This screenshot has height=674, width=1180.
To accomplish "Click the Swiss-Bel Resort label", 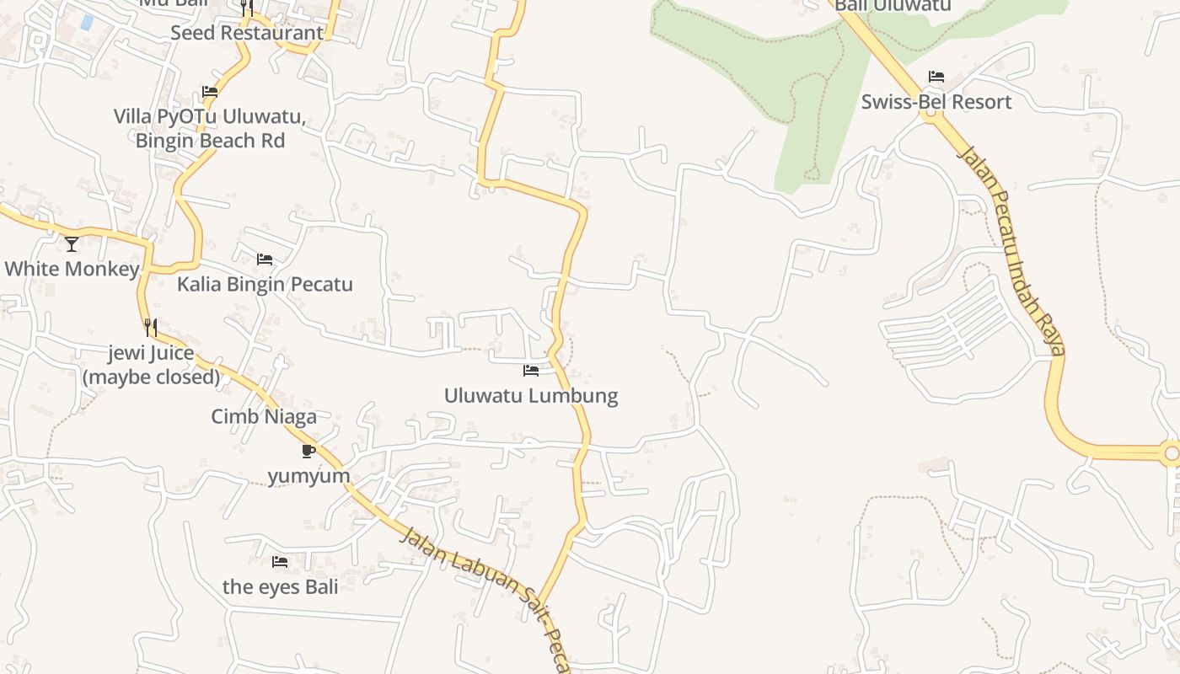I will coord(936,102).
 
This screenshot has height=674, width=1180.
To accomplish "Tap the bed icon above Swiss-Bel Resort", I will coord(936,77).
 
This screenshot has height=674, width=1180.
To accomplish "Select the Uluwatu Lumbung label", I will coord(531,395).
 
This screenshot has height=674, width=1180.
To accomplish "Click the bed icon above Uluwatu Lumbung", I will coord(531,370).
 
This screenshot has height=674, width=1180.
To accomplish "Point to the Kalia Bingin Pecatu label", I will coord(265,284).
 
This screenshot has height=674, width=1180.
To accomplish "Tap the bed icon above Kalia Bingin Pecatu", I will coord(265,259).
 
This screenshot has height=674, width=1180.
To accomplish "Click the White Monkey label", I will coord(72,269).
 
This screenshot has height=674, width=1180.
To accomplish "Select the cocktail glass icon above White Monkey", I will coord(72,244).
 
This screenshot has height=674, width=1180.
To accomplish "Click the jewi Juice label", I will coord(151,364).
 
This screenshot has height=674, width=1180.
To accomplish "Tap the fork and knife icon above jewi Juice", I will coord(151,327).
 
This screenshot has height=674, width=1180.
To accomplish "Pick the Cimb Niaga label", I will coord(264,416).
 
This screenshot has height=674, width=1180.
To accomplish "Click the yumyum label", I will coord(308,476).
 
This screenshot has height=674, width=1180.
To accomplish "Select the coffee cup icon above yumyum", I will coord(308,451).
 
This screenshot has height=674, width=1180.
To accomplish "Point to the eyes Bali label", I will coord(280,586).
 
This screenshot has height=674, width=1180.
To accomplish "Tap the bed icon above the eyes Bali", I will coord(280,561).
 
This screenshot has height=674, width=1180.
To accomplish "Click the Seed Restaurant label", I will coord(247,33).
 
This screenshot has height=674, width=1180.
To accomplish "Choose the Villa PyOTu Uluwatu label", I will coord(210,128).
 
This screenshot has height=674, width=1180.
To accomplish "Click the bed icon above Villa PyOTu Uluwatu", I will coord(210,92).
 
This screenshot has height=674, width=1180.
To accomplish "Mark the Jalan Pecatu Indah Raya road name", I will coord(1012,250).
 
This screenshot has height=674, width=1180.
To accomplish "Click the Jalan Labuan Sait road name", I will coord(472,574).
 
